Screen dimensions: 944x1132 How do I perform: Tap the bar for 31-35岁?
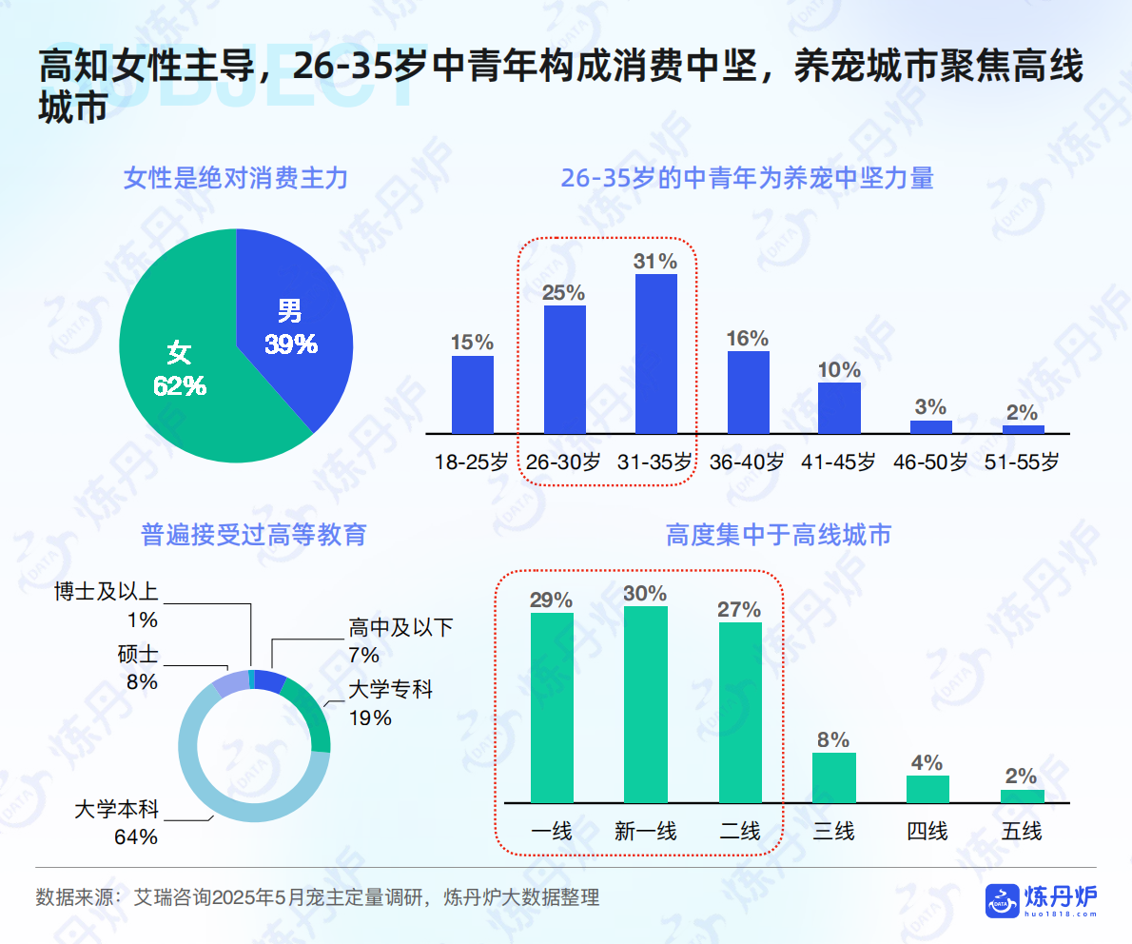click(x=656, y=353)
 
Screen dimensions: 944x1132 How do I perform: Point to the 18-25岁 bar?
click(x=473, y=394)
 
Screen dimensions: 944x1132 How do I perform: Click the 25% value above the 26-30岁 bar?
click(x=563, y=292)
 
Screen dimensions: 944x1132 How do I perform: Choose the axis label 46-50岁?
click(x=929, y=462)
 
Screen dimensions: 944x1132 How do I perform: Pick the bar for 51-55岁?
click(x=1023, y=429)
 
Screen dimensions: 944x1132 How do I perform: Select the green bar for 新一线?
click(x=645, y=704)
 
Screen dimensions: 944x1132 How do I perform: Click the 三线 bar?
click(x=833, y=777)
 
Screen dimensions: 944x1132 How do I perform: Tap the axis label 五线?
click(x=1022, y=831)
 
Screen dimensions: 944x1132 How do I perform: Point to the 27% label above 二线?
click(x=739, y=609)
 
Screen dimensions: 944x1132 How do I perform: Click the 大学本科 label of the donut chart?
click(x=117, y=811)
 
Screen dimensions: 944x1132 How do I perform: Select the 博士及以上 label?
click(x=107, y=592)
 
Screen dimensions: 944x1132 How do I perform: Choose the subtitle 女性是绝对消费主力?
click(x=236, y=177)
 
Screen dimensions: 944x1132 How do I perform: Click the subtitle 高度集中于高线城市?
click(x=778, y=535)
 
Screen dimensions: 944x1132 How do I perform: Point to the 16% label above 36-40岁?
click(x=747, y=338)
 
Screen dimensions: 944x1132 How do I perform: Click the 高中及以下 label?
click(x=400, y=628)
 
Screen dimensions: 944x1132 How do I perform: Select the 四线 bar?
click(x=927, y=789)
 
